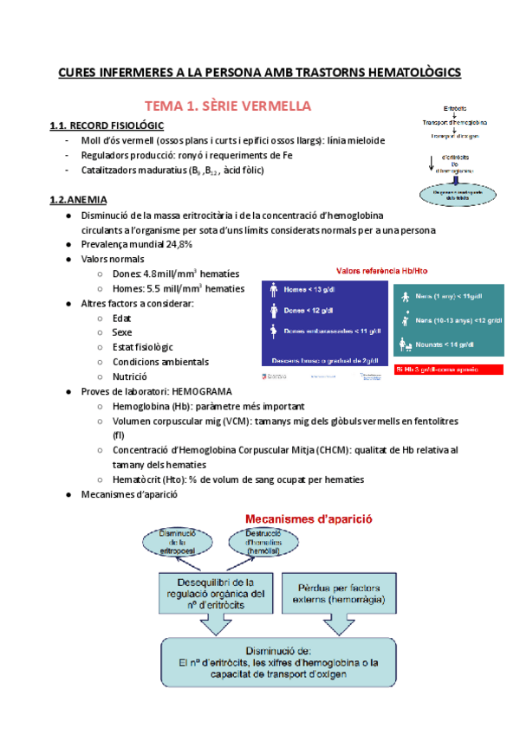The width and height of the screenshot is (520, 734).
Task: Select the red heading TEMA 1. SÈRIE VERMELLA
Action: point(227,106)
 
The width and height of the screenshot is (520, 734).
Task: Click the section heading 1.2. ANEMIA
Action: point(79,199)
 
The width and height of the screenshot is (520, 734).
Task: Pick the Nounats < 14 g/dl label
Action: point(444,344)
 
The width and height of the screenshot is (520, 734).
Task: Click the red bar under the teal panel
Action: point(447,370)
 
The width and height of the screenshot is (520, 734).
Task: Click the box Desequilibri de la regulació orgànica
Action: point(221,593)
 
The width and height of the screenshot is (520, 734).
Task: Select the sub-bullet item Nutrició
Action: point(129,377)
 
